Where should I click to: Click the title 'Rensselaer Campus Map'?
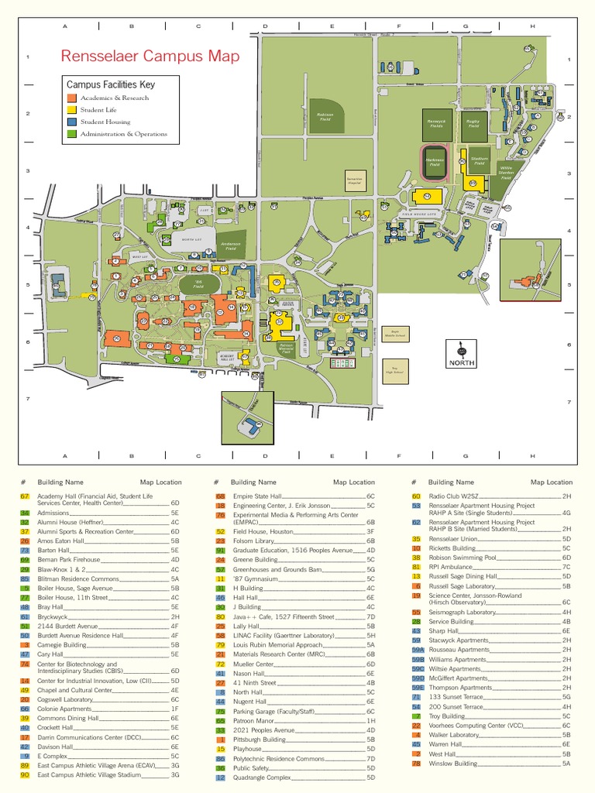(x=150, y=57)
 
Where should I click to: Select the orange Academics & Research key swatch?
(x=71, y=98)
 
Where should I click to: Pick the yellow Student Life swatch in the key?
(x=71, y=110)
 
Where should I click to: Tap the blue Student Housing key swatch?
(x=71, y=122)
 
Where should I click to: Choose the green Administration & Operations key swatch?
(x=71, y=134)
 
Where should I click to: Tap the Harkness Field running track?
(x=435, y=162)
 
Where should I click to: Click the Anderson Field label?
(x=232, y=245)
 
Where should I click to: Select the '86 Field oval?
(x=198, y=285)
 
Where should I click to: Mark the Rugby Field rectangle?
(x=473, y=123)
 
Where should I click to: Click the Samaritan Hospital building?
(x=355, y=180)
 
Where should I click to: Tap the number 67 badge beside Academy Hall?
(x=25, y=496)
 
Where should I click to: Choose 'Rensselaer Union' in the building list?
(x=455, y=538)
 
